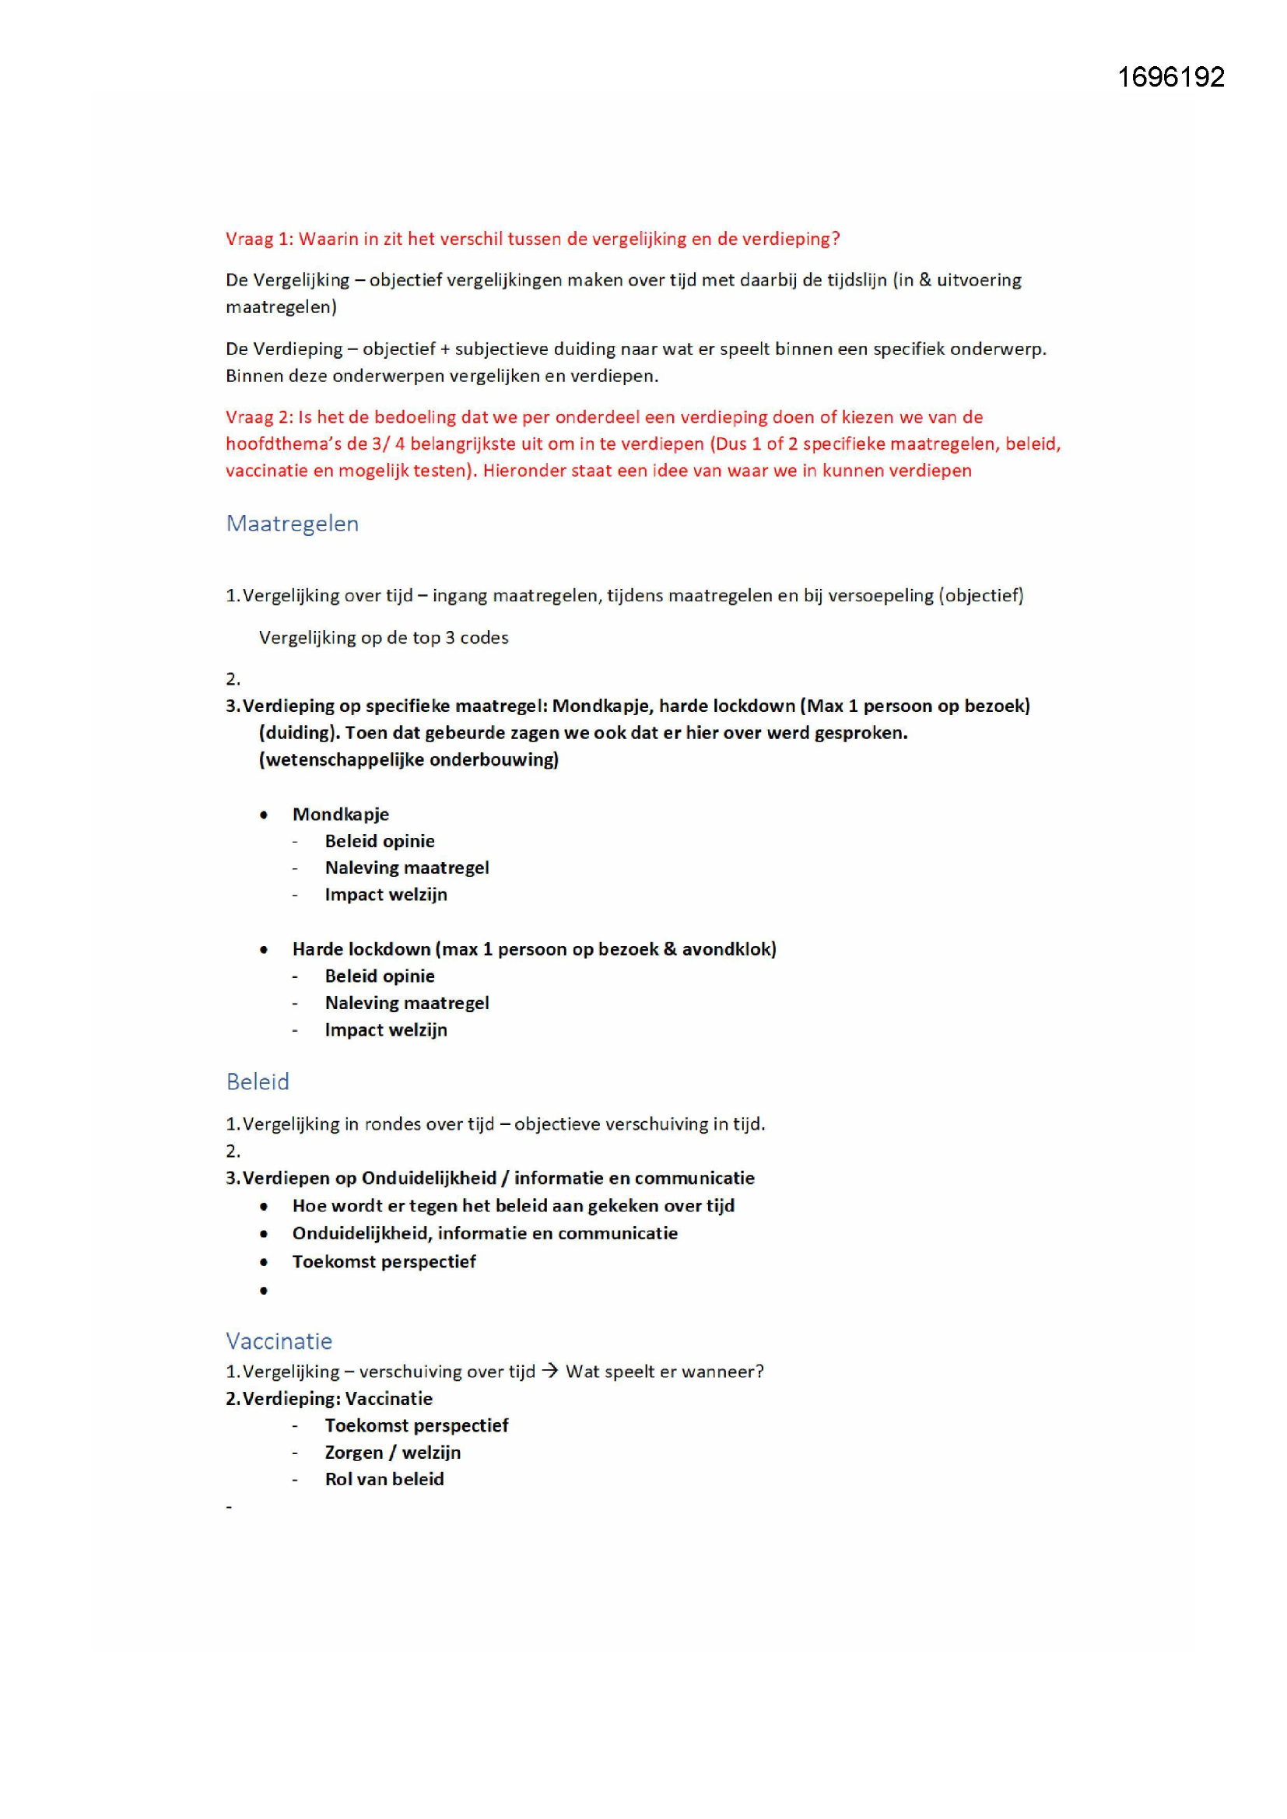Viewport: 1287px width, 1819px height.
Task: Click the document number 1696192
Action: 1170,77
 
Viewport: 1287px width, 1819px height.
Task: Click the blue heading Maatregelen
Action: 293,524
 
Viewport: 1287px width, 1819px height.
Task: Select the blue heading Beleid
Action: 258,1081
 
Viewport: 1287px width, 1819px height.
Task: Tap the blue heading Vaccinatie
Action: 279,1341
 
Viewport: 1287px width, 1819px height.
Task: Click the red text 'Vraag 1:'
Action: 259,240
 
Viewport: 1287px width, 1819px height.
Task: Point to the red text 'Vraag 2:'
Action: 259,418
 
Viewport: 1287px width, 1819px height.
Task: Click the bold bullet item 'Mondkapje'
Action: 341,815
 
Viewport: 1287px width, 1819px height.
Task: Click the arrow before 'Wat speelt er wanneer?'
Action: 550,1372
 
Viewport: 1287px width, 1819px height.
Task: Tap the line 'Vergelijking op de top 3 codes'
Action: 384,638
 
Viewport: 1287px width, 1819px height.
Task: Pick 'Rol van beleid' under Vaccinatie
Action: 384,1479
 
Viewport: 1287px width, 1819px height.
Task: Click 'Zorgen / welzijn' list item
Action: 392,1453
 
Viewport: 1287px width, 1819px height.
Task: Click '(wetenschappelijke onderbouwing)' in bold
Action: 409,760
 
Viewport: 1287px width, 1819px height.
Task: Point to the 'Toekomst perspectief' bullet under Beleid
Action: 384,1261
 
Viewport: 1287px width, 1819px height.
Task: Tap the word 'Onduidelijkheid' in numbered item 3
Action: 429,1178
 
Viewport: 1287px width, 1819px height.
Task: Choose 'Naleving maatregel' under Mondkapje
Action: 406,867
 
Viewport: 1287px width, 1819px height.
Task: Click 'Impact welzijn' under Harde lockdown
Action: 386,1030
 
